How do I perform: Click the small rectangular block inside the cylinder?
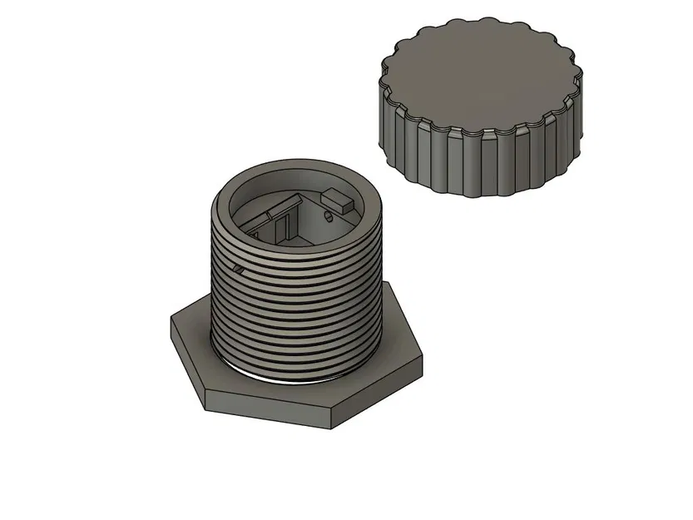coord(339,200)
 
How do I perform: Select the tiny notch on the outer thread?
coord(239,269)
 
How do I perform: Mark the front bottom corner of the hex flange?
coord(332,428)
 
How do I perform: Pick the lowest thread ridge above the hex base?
coord(299,366)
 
